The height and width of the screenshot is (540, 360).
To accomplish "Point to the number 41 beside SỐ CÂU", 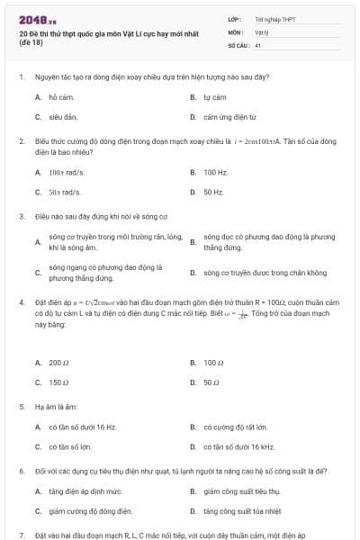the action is tap(258, 44).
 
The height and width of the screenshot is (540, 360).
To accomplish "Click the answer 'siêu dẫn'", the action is tap(63, 117).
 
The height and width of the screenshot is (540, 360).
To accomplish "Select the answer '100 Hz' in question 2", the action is tap(215, 171).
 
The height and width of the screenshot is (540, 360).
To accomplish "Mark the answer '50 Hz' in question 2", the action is tap(213, 192).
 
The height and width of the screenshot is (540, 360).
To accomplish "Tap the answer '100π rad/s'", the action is tap(65, 171).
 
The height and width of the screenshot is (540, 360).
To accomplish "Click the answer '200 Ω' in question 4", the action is tap(59, 363).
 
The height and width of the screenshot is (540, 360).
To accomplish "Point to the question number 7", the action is tap(21, 535).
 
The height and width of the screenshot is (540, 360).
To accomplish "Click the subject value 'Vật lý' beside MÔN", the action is tap(261, 31).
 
